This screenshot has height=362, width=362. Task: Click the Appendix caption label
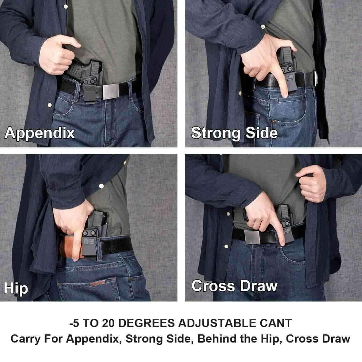(40, 133)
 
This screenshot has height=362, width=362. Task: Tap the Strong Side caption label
(234, 133)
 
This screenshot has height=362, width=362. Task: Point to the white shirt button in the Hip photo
(102, 186)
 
